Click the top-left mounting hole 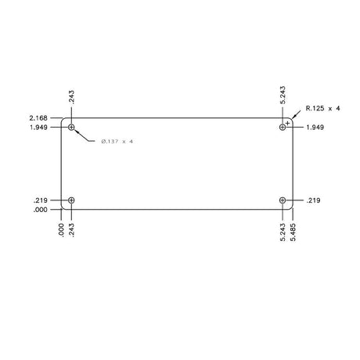(71, 128)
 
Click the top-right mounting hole (283, 128)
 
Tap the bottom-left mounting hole (71, 200)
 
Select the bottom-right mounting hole (283, 200)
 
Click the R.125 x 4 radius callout (323, 108)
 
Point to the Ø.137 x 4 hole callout (117, 142)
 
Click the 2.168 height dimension (38, 118)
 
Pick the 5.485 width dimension (293, 232)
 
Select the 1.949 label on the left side (38, 128)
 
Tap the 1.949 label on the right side (315, 128)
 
